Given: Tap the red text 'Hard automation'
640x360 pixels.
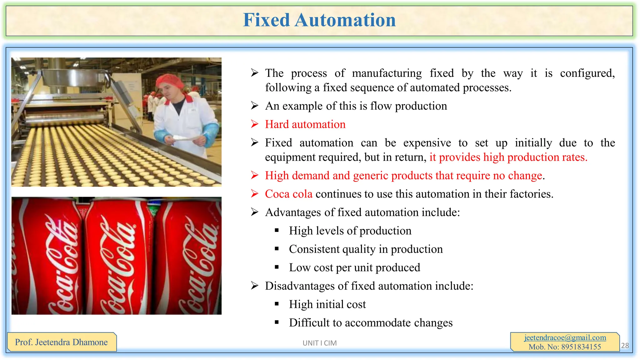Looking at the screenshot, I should pos(305,124).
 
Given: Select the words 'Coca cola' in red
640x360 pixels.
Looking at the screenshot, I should pos(288,194).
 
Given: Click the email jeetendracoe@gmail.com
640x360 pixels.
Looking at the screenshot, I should pos(565,337).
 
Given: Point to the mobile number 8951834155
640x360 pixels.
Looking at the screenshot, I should pos(581,347).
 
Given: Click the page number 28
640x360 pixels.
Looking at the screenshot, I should pos(625,345).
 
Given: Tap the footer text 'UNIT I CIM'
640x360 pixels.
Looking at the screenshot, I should pos(319,343).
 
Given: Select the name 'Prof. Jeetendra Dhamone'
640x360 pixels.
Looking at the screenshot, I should pos(61,342).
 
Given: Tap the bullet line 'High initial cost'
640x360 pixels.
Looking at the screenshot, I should pos(327,304).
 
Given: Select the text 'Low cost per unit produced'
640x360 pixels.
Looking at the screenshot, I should pos(354,267).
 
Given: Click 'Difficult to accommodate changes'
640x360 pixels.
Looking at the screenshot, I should pos(371,323).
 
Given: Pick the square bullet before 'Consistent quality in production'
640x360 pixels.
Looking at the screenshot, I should pos(277,249).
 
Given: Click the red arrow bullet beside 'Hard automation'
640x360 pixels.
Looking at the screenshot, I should pos(255,124).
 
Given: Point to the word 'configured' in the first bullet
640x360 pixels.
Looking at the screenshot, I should pos(587,73).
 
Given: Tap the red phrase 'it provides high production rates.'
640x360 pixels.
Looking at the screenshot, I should pos(508,157).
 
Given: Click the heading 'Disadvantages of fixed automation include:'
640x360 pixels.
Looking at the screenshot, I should pos(369,286).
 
